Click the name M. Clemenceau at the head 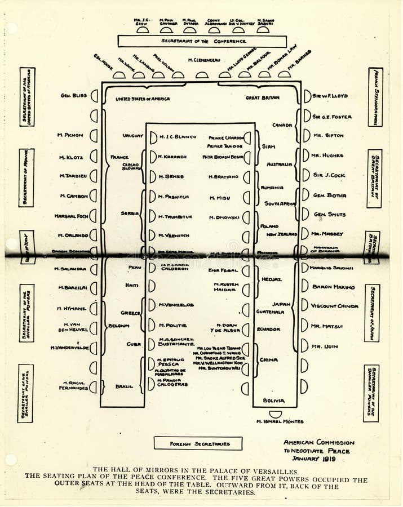(204, 60)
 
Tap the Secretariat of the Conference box (202, 41)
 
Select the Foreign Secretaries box (198, 443)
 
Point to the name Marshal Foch (71, 216)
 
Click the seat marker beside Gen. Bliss (94, 96)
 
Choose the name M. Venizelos (176, 305)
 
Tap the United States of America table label (143, 99)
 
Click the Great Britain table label (262, 97)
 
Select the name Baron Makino (334, 287)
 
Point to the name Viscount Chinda (335, 306)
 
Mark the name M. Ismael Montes (280, 421)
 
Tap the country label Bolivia (273, 401)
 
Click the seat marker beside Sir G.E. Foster (307, 116)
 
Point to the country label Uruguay (133, 136)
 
